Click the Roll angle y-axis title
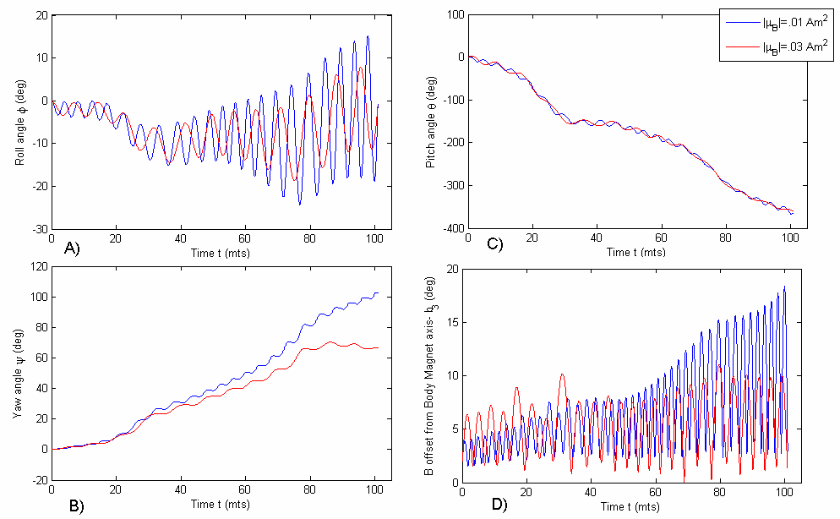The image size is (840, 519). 19,123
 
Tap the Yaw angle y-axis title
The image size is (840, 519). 19,374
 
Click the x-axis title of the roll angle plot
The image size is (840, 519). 214,253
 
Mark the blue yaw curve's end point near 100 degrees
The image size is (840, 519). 377,293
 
